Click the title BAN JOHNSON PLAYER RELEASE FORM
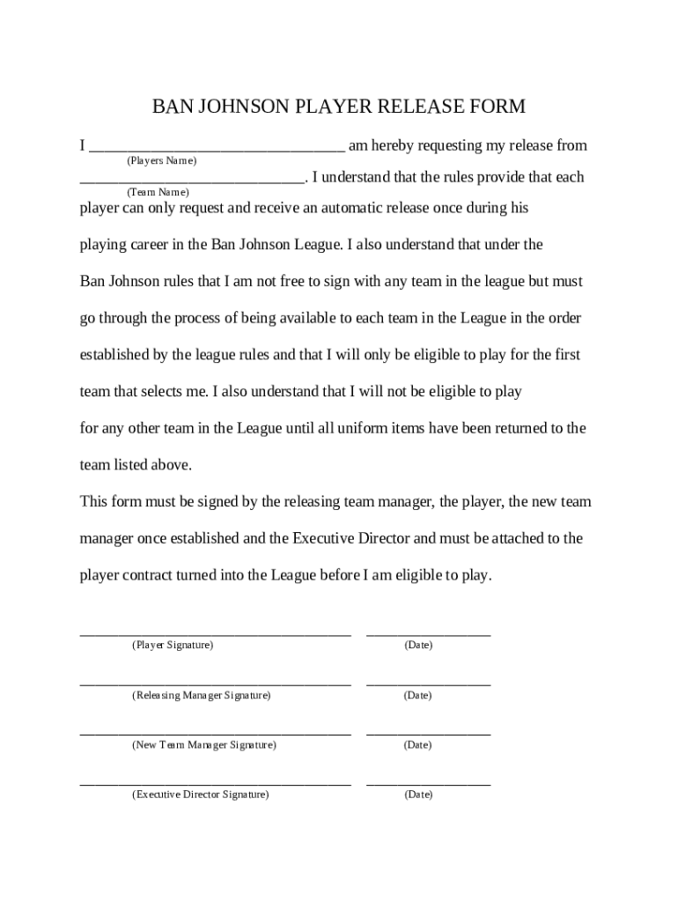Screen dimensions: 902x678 click(x=339, y=107)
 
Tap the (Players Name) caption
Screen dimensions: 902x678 click(x=161, y=161)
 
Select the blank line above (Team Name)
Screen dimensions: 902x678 click(x=192, y=181)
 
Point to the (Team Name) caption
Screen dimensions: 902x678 click(x=158, y=192)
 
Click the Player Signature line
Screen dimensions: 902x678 click(x=216, y=633)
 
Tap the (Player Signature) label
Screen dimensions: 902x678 click(x=173, y=646)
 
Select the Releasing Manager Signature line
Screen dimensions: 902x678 click(x=216, y=684)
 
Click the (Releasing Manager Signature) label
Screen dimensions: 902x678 click(x=202, y=696)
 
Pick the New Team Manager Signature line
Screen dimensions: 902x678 click(x=216, y=733)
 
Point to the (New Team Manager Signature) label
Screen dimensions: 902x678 click(x=204, y=745)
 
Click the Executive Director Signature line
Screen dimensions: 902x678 click(x=216, y=782)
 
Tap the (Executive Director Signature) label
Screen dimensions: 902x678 click(x=201, y=795)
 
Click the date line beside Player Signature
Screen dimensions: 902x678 click(x=428, y=633)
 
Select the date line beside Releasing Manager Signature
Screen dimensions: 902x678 click(x=428, y=684)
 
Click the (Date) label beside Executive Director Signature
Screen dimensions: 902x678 click(x=418, y=795)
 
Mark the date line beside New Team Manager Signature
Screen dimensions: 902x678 click(x=428, y=733)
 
